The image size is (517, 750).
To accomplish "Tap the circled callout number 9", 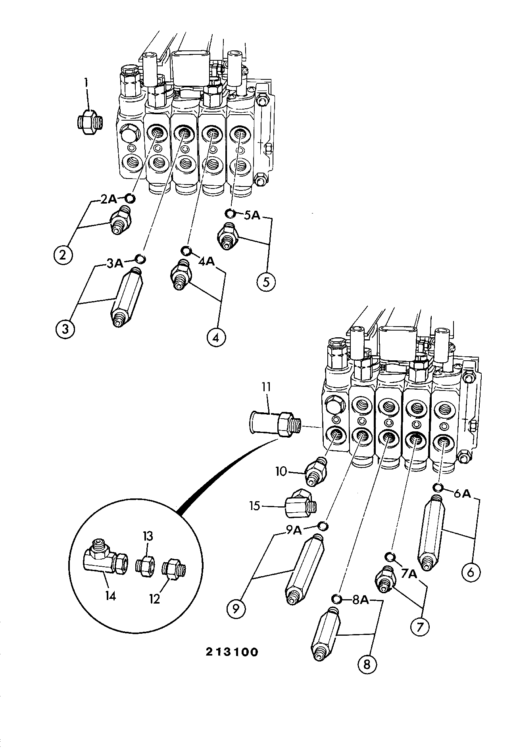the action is (237, 608).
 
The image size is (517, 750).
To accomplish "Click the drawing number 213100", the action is (232, 652).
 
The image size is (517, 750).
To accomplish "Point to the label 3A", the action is (115, 264).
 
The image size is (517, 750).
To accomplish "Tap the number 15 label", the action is (255, 506).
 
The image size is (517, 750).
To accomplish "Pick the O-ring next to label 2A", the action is (130, 198).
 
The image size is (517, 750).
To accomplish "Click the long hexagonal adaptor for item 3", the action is (126, 297).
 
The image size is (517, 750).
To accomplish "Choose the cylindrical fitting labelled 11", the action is (275, 425).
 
